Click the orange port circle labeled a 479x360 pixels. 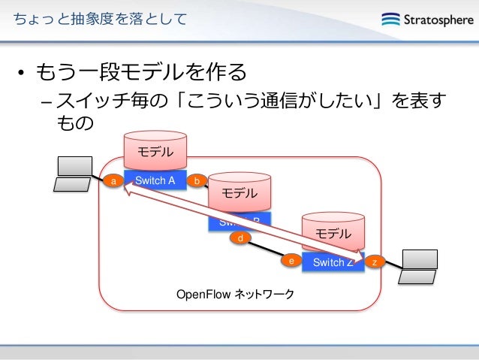113,181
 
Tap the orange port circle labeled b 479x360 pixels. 197,181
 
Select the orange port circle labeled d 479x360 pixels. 240,238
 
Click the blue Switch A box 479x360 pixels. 155,181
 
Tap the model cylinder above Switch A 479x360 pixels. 155,150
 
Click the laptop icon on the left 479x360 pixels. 75,174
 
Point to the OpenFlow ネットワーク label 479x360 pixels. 234,293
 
